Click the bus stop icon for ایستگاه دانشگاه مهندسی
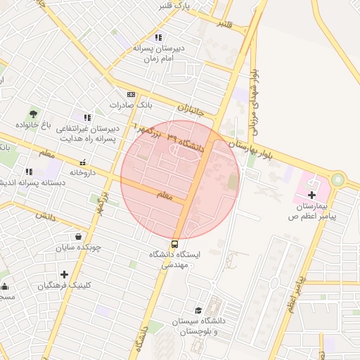coord(174,245)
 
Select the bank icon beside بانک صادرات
coord(131,94)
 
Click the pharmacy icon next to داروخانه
coord(83,162)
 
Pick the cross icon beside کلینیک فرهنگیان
coord(64,274)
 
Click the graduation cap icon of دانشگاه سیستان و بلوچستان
coord(199,310)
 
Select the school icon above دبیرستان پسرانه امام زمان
coord(159,37)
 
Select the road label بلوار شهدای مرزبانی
coord(255,96)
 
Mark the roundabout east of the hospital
coord(338,179)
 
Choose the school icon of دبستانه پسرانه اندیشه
coord(28,172)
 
